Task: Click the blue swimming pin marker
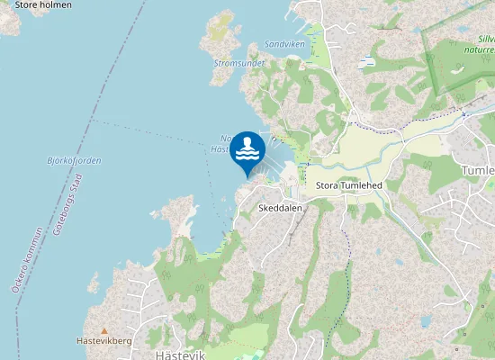pyautogui.click(x=247, y=151)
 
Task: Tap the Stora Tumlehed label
pyautogui.click(x=350, y=186)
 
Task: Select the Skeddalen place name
pyautogui.click(x=280, y=208)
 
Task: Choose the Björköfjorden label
pyautogui.click(x=74, y=160)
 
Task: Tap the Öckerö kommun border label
pyautogui.click(x=27, y=261)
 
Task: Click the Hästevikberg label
pyautogui.click(x=104, y=341)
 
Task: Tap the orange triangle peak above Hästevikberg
pyautogui.click(x=104, y=330)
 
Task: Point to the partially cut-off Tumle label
pyautogui.click(x=478, y=170)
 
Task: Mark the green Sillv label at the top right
pyautogui.click(x=486, y=39)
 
